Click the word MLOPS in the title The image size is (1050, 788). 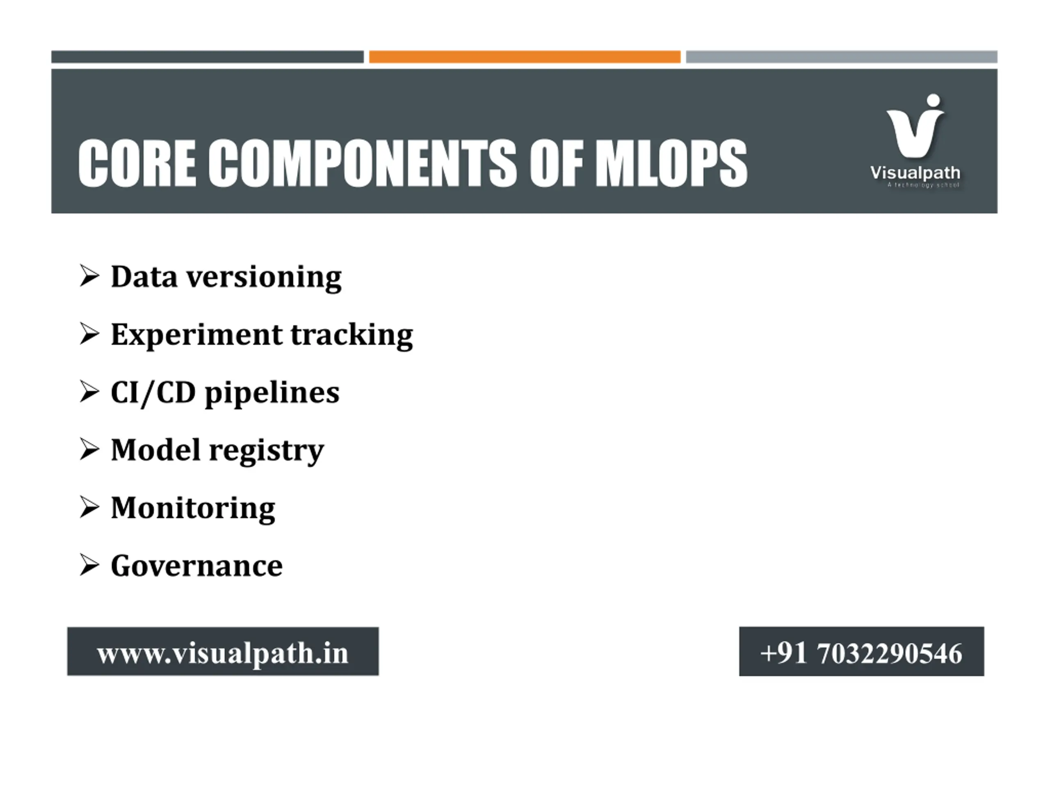(671, 163)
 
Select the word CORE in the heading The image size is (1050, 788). (137, 163)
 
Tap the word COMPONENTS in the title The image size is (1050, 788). (362, 163)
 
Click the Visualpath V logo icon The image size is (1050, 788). (915, 126)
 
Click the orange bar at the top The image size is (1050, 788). (525, 57)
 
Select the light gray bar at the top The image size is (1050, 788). (841, 57)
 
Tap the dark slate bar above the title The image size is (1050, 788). (208, 57)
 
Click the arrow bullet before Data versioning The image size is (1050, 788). (89, 276)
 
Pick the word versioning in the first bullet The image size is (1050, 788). (264, 277)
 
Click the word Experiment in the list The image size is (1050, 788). (196, 335)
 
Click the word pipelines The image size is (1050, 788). (272, 393)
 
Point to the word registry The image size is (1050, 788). (266, 451)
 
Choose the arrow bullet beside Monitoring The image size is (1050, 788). (89, 507)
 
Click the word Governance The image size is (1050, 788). (196, 566)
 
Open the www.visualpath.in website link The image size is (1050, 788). (223, 653)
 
